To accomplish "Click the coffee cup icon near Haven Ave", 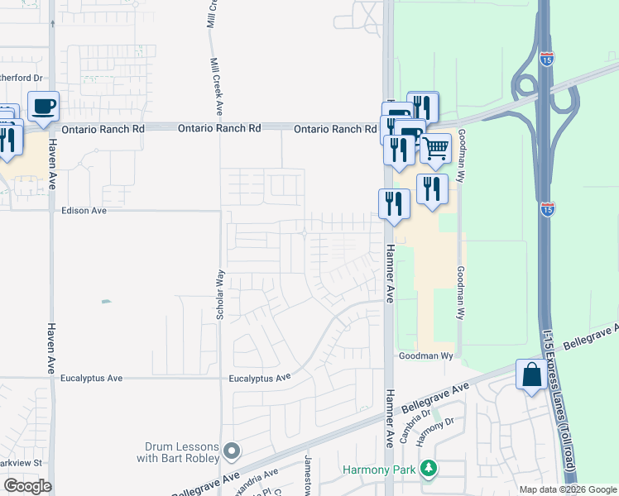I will tap(43, 106).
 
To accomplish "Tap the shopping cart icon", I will tap(435, 149).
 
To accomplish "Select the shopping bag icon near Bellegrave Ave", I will tap(530, 375).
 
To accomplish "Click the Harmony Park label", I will tap(381, 470).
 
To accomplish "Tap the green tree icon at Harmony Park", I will tap(427, 470).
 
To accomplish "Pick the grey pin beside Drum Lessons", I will tap(232, 451).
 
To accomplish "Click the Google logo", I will tap(27, 486).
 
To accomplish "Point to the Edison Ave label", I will tap(84, 211).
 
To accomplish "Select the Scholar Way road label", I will tap(220, 293).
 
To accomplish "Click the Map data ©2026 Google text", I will tap(567, 489).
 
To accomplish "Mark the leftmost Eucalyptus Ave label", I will tap(92, 378).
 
